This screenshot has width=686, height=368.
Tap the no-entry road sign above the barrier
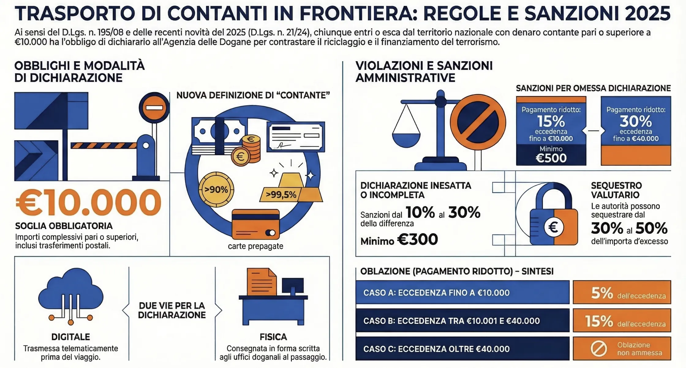click(154, 108)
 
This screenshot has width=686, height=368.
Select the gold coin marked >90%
click(216, 190)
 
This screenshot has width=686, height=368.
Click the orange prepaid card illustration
click(256, 224)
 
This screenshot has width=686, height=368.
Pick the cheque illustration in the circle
click(296, 137)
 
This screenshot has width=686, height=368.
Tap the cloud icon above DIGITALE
click(71, 291)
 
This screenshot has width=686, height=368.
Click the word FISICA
click(273, 337)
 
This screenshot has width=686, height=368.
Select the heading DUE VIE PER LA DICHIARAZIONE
click(172, 310)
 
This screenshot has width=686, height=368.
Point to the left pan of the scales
click(406, 139)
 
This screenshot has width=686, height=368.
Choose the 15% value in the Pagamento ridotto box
click(551, 122)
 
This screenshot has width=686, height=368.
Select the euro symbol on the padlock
click(553, 227)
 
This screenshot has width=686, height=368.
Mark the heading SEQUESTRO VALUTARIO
click(616, 190)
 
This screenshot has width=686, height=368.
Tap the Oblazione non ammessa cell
click(622, 349)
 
